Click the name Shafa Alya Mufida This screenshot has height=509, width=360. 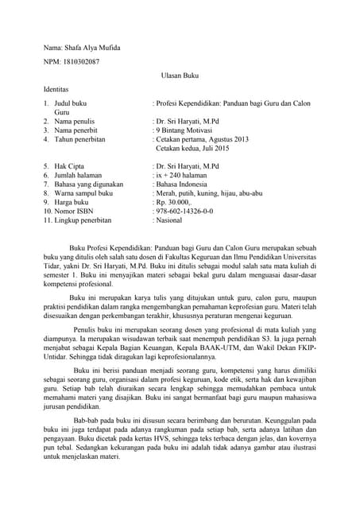point(93,48)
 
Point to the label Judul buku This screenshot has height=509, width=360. point(71,104)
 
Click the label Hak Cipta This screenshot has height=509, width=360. point(70,165)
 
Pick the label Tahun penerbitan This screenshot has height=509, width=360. point(82,139)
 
